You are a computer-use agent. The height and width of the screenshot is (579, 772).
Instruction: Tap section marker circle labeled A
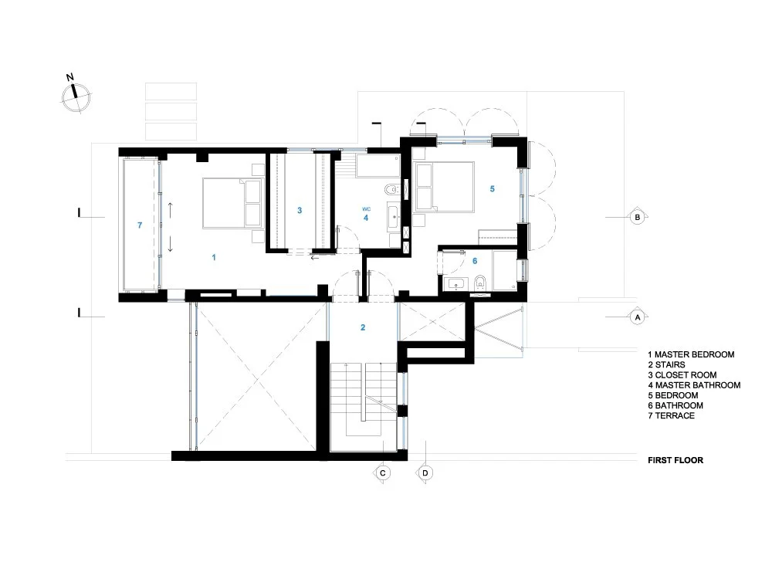click(x=638, y=317)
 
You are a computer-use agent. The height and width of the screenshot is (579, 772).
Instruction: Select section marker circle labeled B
click(x=638, y=218)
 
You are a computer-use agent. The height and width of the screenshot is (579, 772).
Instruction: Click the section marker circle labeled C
click(x=381, y=471)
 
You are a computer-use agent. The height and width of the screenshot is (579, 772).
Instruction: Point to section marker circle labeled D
click(x=424, y=471)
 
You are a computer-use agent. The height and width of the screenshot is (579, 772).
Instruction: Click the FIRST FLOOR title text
click(x=675, y=460)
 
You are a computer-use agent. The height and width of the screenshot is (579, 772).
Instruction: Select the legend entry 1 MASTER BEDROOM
click(x=691, y=354)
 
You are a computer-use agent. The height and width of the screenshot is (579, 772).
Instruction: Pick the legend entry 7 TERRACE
click(x=672, y=415)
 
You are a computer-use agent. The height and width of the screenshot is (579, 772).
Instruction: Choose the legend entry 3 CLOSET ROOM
click(x=684, y=374)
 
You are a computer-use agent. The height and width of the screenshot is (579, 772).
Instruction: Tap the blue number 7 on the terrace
click(x=139, y=225)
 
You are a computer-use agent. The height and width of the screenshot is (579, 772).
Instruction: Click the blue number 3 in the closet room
click(x=299, y=210)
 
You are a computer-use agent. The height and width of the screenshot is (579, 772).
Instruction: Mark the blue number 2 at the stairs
click(x=363, y=327)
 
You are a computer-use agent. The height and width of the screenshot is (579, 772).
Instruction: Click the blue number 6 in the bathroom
click(x=475, y=261)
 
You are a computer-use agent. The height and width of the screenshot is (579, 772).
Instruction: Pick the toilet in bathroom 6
click(x=480, y=283)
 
